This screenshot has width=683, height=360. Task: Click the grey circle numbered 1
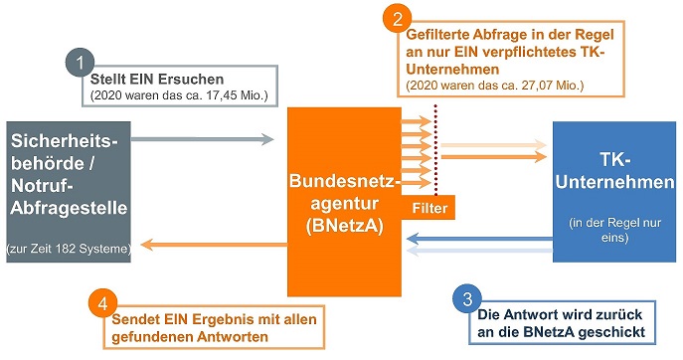80,63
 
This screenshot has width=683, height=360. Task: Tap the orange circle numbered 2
398,18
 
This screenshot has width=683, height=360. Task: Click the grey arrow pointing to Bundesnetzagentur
204,140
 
